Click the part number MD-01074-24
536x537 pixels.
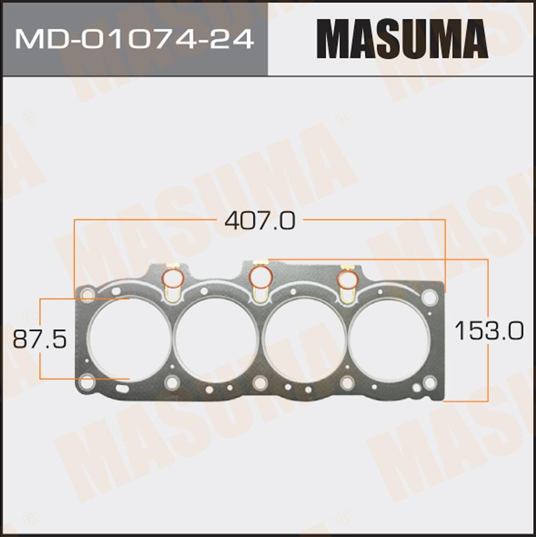click(x=134, y=39)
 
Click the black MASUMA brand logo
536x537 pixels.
click(x=402, y=39)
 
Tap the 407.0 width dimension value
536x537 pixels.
click(x=260, y=221)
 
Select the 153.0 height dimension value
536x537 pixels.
click(x=488, y=330)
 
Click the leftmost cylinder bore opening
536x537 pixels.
click(x=129, y=339)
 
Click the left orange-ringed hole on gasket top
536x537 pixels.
click(x=172, y=278)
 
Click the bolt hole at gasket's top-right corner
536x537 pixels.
click(x=429, y=297)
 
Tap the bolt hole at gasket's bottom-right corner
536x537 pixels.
click(x=429, y=382)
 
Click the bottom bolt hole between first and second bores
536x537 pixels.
click(x=172, y=382)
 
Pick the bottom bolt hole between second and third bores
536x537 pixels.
click(x=260, y=382)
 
